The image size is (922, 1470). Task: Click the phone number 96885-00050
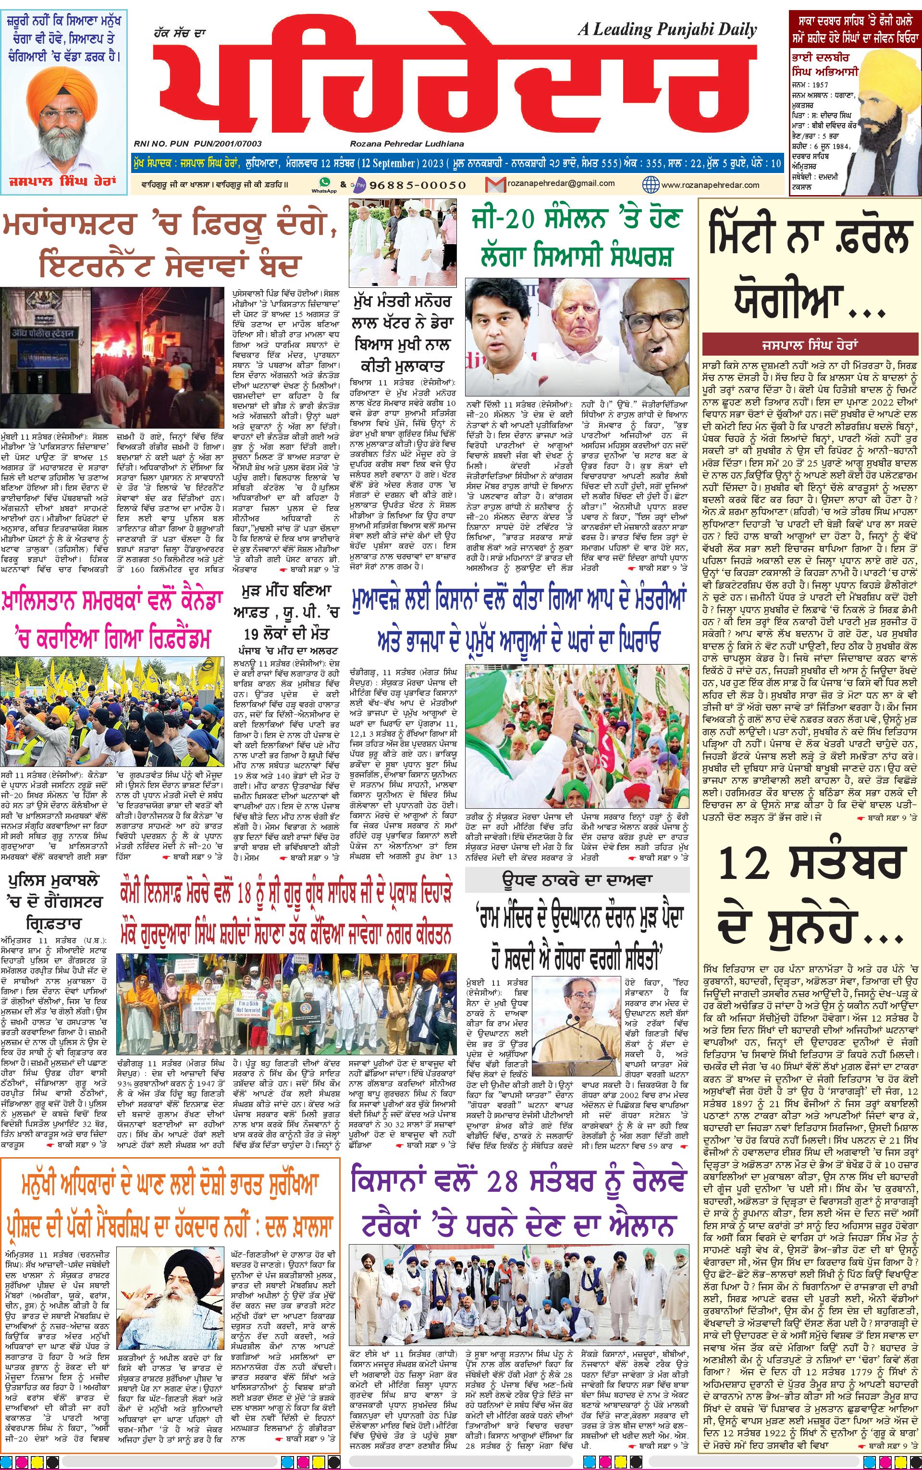pos(418,185)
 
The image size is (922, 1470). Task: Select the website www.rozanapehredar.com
pos(710,185)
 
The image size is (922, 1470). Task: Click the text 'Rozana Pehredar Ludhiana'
pos(407,144)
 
